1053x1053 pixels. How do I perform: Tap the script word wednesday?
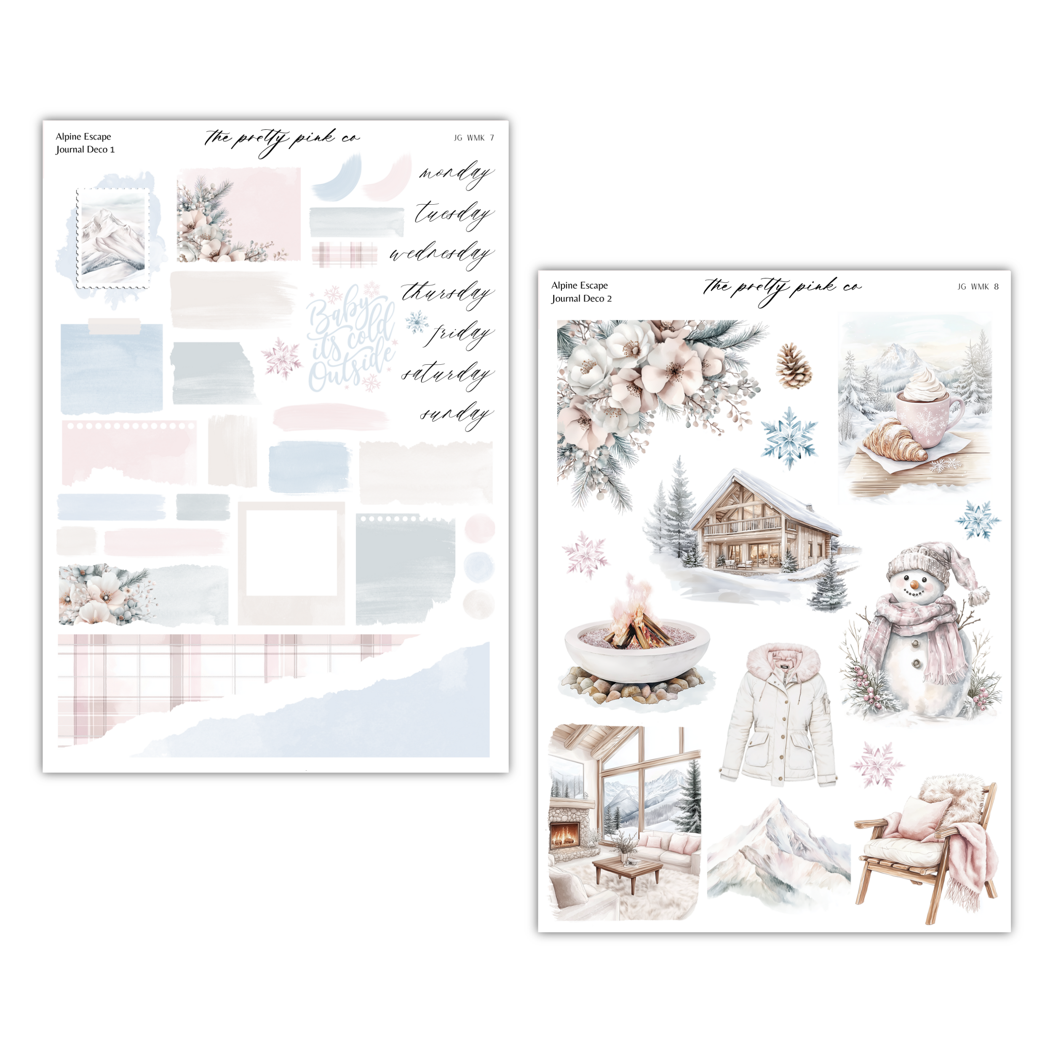tap(441, 254)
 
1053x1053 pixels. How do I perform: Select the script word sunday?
tap(457, 415)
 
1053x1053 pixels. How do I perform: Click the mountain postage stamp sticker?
tap(113, 238)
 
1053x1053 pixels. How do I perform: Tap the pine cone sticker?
tap(794, 365)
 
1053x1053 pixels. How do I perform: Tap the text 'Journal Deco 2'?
tap(582, 299)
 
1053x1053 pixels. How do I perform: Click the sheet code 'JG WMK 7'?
tap(473, 138)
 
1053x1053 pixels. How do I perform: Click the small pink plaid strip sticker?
tap(345, 255)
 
